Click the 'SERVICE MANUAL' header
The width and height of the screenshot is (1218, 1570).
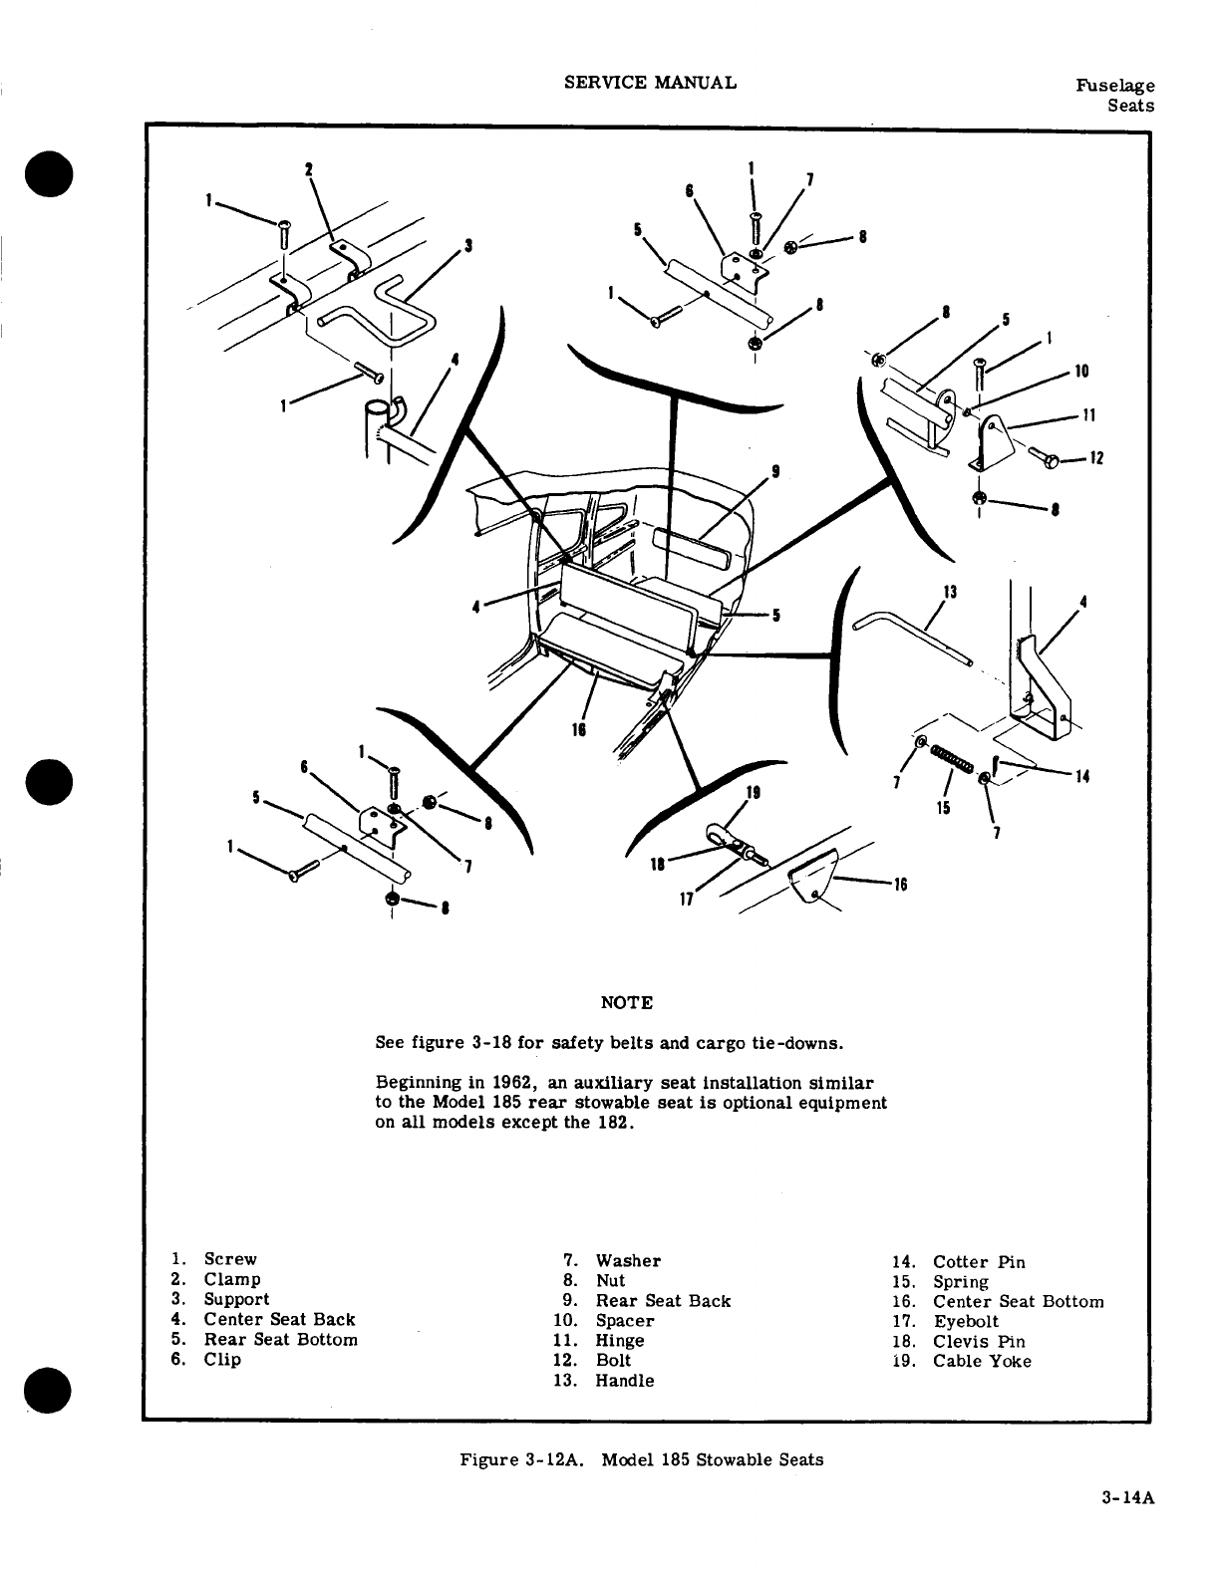click(650, 83)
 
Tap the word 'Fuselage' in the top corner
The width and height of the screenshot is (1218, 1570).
click(1115, 87)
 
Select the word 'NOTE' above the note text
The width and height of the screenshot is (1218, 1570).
click(627, 1002)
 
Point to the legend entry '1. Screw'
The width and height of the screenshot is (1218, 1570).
click(213, 1259)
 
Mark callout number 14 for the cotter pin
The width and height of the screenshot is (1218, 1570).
click(1082, 778)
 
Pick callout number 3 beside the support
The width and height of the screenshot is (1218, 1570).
click(467, 245)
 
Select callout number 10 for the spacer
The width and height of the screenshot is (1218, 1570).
click(1082, 372)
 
